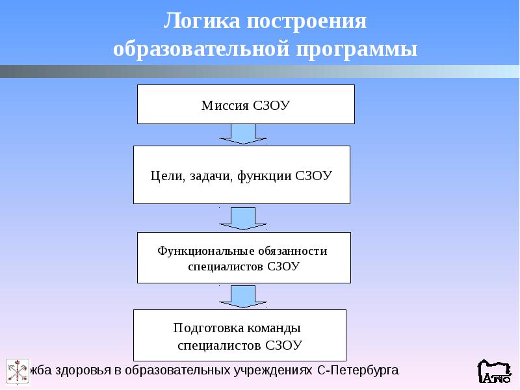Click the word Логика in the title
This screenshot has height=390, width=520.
201,21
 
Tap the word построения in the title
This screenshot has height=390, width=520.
307,21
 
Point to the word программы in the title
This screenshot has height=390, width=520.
356,51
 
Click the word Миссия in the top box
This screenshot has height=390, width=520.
225,105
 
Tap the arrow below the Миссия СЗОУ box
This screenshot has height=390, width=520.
243,135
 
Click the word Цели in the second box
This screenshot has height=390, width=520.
166,175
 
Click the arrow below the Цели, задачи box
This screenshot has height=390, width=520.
243,219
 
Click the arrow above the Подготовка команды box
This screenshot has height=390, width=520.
243,297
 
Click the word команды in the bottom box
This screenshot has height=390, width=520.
274,328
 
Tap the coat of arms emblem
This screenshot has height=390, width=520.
18,371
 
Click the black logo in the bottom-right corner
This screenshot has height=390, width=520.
495,371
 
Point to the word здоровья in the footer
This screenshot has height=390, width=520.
83,370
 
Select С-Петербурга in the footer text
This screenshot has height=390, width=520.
358,370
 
